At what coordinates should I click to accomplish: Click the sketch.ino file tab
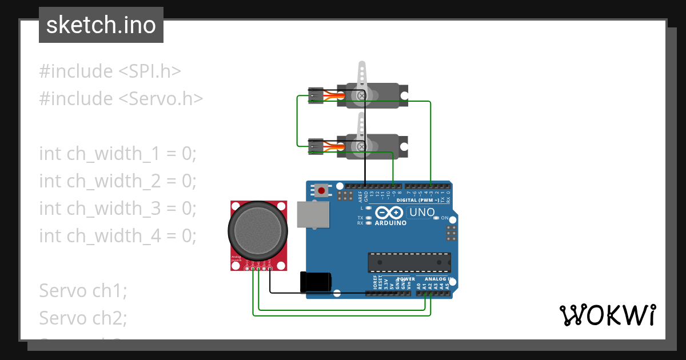(101, 26)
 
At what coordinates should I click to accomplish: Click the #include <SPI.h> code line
(110, 71)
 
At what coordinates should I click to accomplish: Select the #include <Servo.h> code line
(121, 99)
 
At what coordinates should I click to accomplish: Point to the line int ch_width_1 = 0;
(118, 154)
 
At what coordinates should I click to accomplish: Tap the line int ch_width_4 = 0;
(118, 235)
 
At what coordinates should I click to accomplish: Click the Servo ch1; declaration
(83, 290)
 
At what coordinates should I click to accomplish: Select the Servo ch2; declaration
(83, 317)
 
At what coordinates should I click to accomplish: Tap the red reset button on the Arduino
(322, 190)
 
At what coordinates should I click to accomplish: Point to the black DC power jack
(315, 282)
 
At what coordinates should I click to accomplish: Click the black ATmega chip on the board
(409, 262)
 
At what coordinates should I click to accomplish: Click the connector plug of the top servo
(315, 95)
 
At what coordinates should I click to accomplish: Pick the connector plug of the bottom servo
(315, 146)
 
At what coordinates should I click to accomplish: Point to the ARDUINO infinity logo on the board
(390, 213)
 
